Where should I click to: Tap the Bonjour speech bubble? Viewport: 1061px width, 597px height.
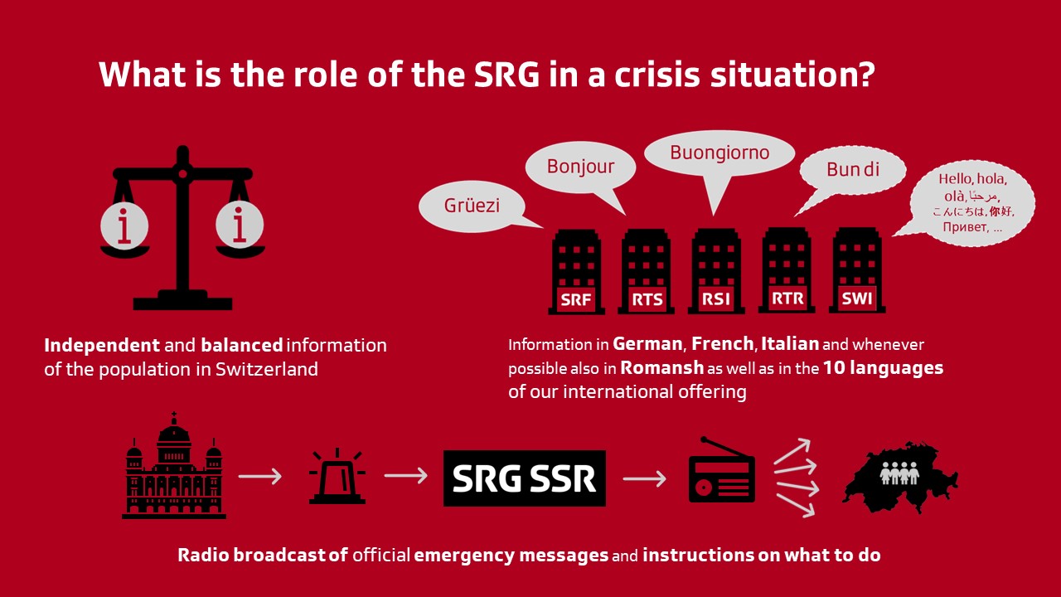pos(581,167)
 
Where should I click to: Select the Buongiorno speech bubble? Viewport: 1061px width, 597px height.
pos(719,153)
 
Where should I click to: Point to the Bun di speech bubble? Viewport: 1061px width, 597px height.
pos(853,171)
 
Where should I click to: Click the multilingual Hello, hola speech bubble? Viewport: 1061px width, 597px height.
pos(973,203)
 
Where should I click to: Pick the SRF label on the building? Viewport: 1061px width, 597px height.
pos(576,299)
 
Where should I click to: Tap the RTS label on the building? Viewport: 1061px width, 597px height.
pos(647,299)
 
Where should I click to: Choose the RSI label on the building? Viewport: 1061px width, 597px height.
pos(716,299)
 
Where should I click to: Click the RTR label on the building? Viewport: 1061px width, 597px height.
pos(787,298)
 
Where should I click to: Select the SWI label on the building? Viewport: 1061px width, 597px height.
pos(857,298)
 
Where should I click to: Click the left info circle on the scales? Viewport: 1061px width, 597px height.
pos(124,226)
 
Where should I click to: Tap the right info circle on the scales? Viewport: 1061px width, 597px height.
pos(240,225)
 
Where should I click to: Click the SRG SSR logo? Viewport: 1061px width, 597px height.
pos(525,478)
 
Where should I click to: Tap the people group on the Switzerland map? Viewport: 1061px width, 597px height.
pos(899,473)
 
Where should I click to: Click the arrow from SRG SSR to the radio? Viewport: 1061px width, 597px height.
pos(644,479)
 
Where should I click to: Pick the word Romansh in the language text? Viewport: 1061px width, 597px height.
pos(662,367)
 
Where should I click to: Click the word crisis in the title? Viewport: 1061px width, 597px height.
pos(657,75)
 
